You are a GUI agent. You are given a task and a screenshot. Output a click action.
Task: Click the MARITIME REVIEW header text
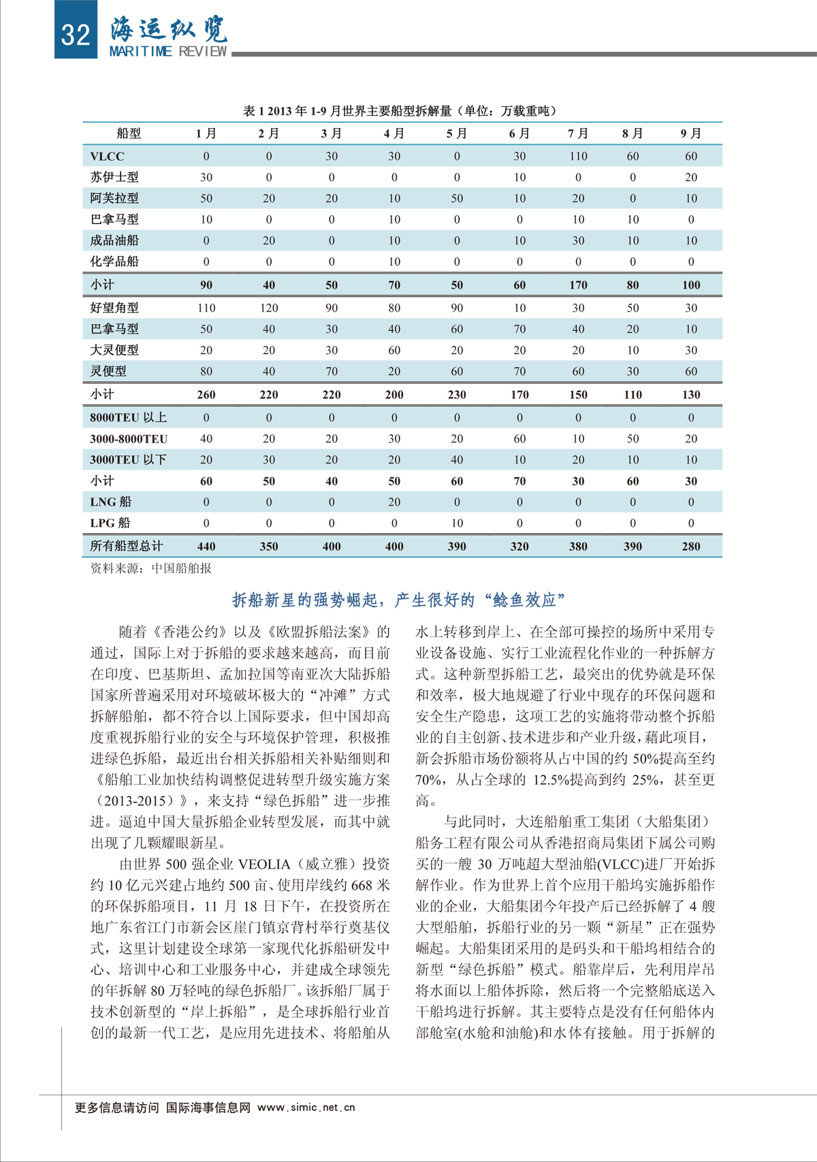[x=168, y=52]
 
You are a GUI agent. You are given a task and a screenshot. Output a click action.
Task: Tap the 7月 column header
[x=578, y=133]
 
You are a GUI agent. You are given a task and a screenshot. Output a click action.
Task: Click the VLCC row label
[x=107, y=156]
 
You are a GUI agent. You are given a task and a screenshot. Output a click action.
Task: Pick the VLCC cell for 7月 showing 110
[x=578, y=156]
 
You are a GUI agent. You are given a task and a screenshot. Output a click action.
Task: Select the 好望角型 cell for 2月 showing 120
[x=269, y=308]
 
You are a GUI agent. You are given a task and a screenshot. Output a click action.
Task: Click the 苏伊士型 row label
[x=114, y=177]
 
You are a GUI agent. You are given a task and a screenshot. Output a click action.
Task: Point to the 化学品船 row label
[x=114, y=261]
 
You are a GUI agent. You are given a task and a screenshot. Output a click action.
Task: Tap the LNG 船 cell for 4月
[x=394, y=502]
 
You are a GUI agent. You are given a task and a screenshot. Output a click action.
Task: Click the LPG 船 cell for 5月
[x=457, y=523]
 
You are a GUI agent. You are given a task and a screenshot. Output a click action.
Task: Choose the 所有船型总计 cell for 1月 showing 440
[x=206, y=546]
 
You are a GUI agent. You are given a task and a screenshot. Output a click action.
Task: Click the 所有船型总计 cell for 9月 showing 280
[x=691, y=546]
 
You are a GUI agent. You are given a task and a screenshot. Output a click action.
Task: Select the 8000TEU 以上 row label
[x=128, y=417]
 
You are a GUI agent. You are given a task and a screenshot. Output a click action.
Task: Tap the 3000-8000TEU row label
[x=129, y=439]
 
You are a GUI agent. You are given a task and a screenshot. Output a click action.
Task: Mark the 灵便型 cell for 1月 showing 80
[x=206, y=371]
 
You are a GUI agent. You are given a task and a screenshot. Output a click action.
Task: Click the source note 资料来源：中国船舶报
[x=150, y=568]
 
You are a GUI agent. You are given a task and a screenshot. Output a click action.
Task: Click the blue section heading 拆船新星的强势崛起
[x=399, y=600]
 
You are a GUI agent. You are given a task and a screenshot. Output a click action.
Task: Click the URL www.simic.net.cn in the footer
[x=306, y=1108]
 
